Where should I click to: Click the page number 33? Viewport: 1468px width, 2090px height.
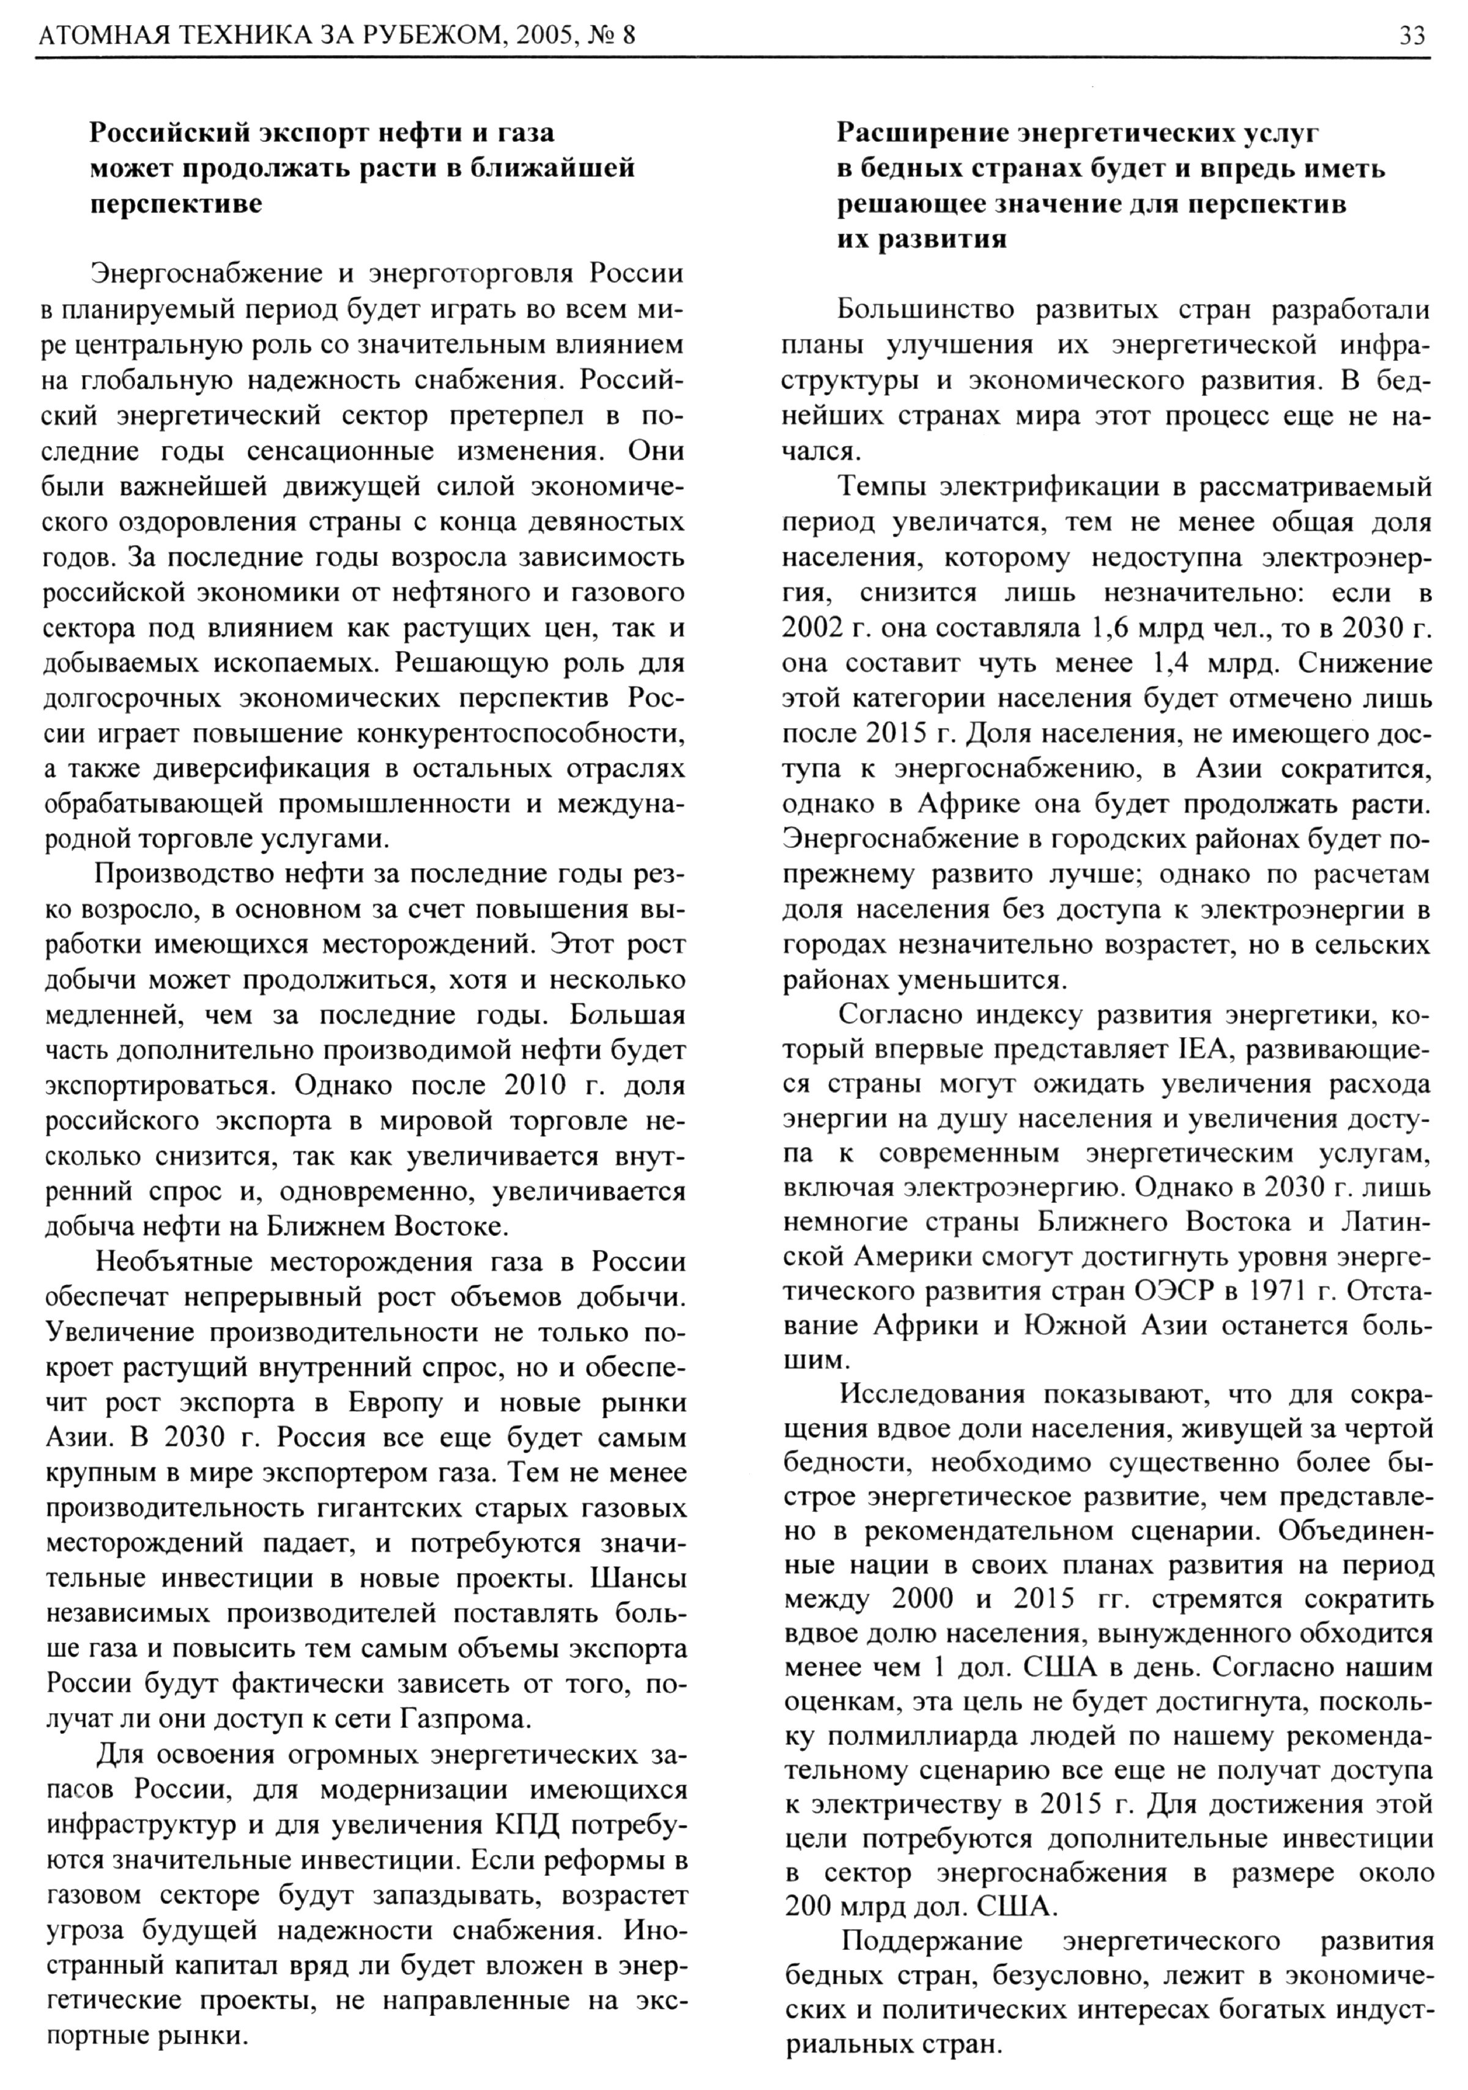coord(1412,37)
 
